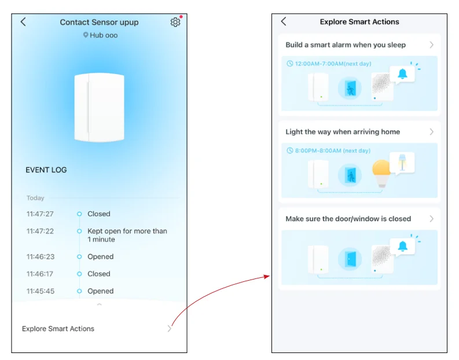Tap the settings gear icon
(175, 22)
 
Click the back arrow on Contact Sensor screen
(23, 21)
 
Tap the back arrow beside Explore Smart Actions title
(284, 21)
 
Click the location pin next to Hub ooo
(86, 35)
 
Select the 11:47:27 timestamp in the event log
(40, 214)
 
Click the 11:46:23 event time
(41, 256)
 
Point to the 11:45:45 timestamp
(41, 291)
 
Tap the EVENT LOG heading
(46, 170)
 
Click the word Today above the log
(35, 198)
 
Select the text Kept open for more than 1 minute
(127, 236)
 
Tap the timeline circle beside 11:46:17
(79, 274)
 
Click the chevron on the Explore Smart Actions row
(170, 329)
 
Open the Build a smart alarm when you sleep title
(346, 45)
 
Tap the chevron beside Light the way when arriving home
(431, 132)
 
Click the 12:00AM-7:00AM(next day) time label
(333, 64)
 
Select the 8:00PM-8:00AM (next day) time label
(333, 150)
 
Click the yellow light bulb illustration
(381, 173)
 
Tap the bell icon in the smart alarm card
(402, 74)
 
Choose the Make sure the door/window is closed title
(348, 219)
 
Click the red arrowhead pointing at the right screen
(267, 276)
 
